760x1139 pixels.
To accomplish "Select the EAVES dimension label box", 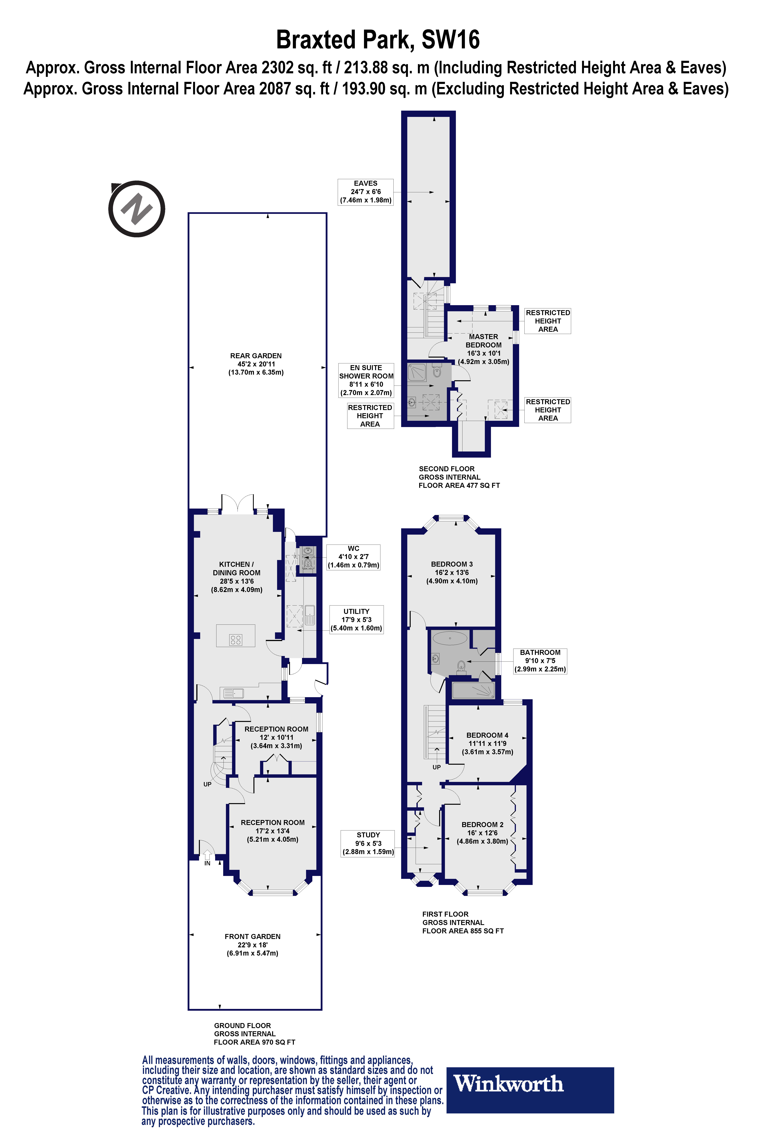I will point(365,192).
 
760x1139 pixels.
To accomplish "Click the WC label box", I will point(353,557).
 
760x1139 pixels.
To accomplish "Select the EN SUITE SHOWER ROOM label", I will point(366,380).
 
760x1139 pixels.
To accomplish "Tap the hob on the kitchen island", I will point(236,640).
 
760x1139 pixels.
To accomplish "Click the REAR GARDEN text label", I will point(256,364).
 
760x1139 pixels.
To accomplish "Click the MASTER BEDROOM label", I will point(483,349).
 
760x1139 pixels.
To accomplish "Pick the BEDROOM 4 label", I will point(487,743).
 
